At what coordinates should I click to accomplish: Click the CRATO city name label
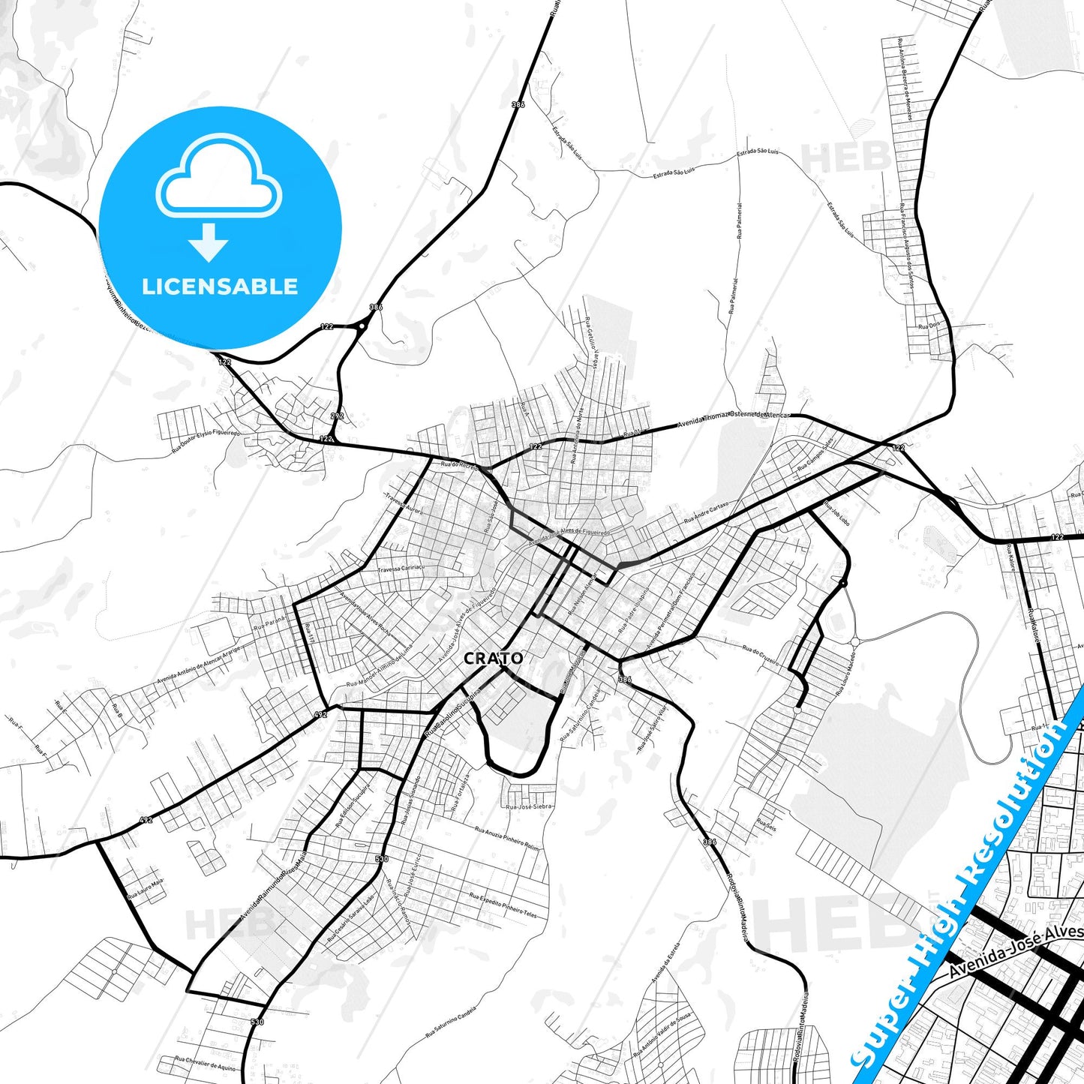[494, 659]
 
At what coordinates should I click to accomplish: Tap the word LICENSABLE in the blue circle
[220, 287]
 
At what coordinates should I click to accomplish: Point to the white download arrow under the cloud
[209, 242]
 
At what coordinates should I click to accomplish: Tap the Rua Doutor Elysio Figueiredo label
[206, 443]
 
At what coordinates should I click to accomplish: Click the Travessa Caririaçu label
[401, 569]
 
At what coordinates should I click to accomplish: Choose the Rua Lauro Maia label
[145, 889]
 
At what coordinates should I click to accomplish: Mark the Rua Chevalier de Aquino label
[205, 1064]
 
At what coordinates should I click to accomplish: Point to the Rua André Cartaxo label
[706, 513]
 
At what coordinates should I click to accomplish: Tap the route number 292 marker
[337, 416]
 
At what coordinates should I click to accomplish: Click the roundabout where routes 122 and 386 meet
[362, 326]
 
